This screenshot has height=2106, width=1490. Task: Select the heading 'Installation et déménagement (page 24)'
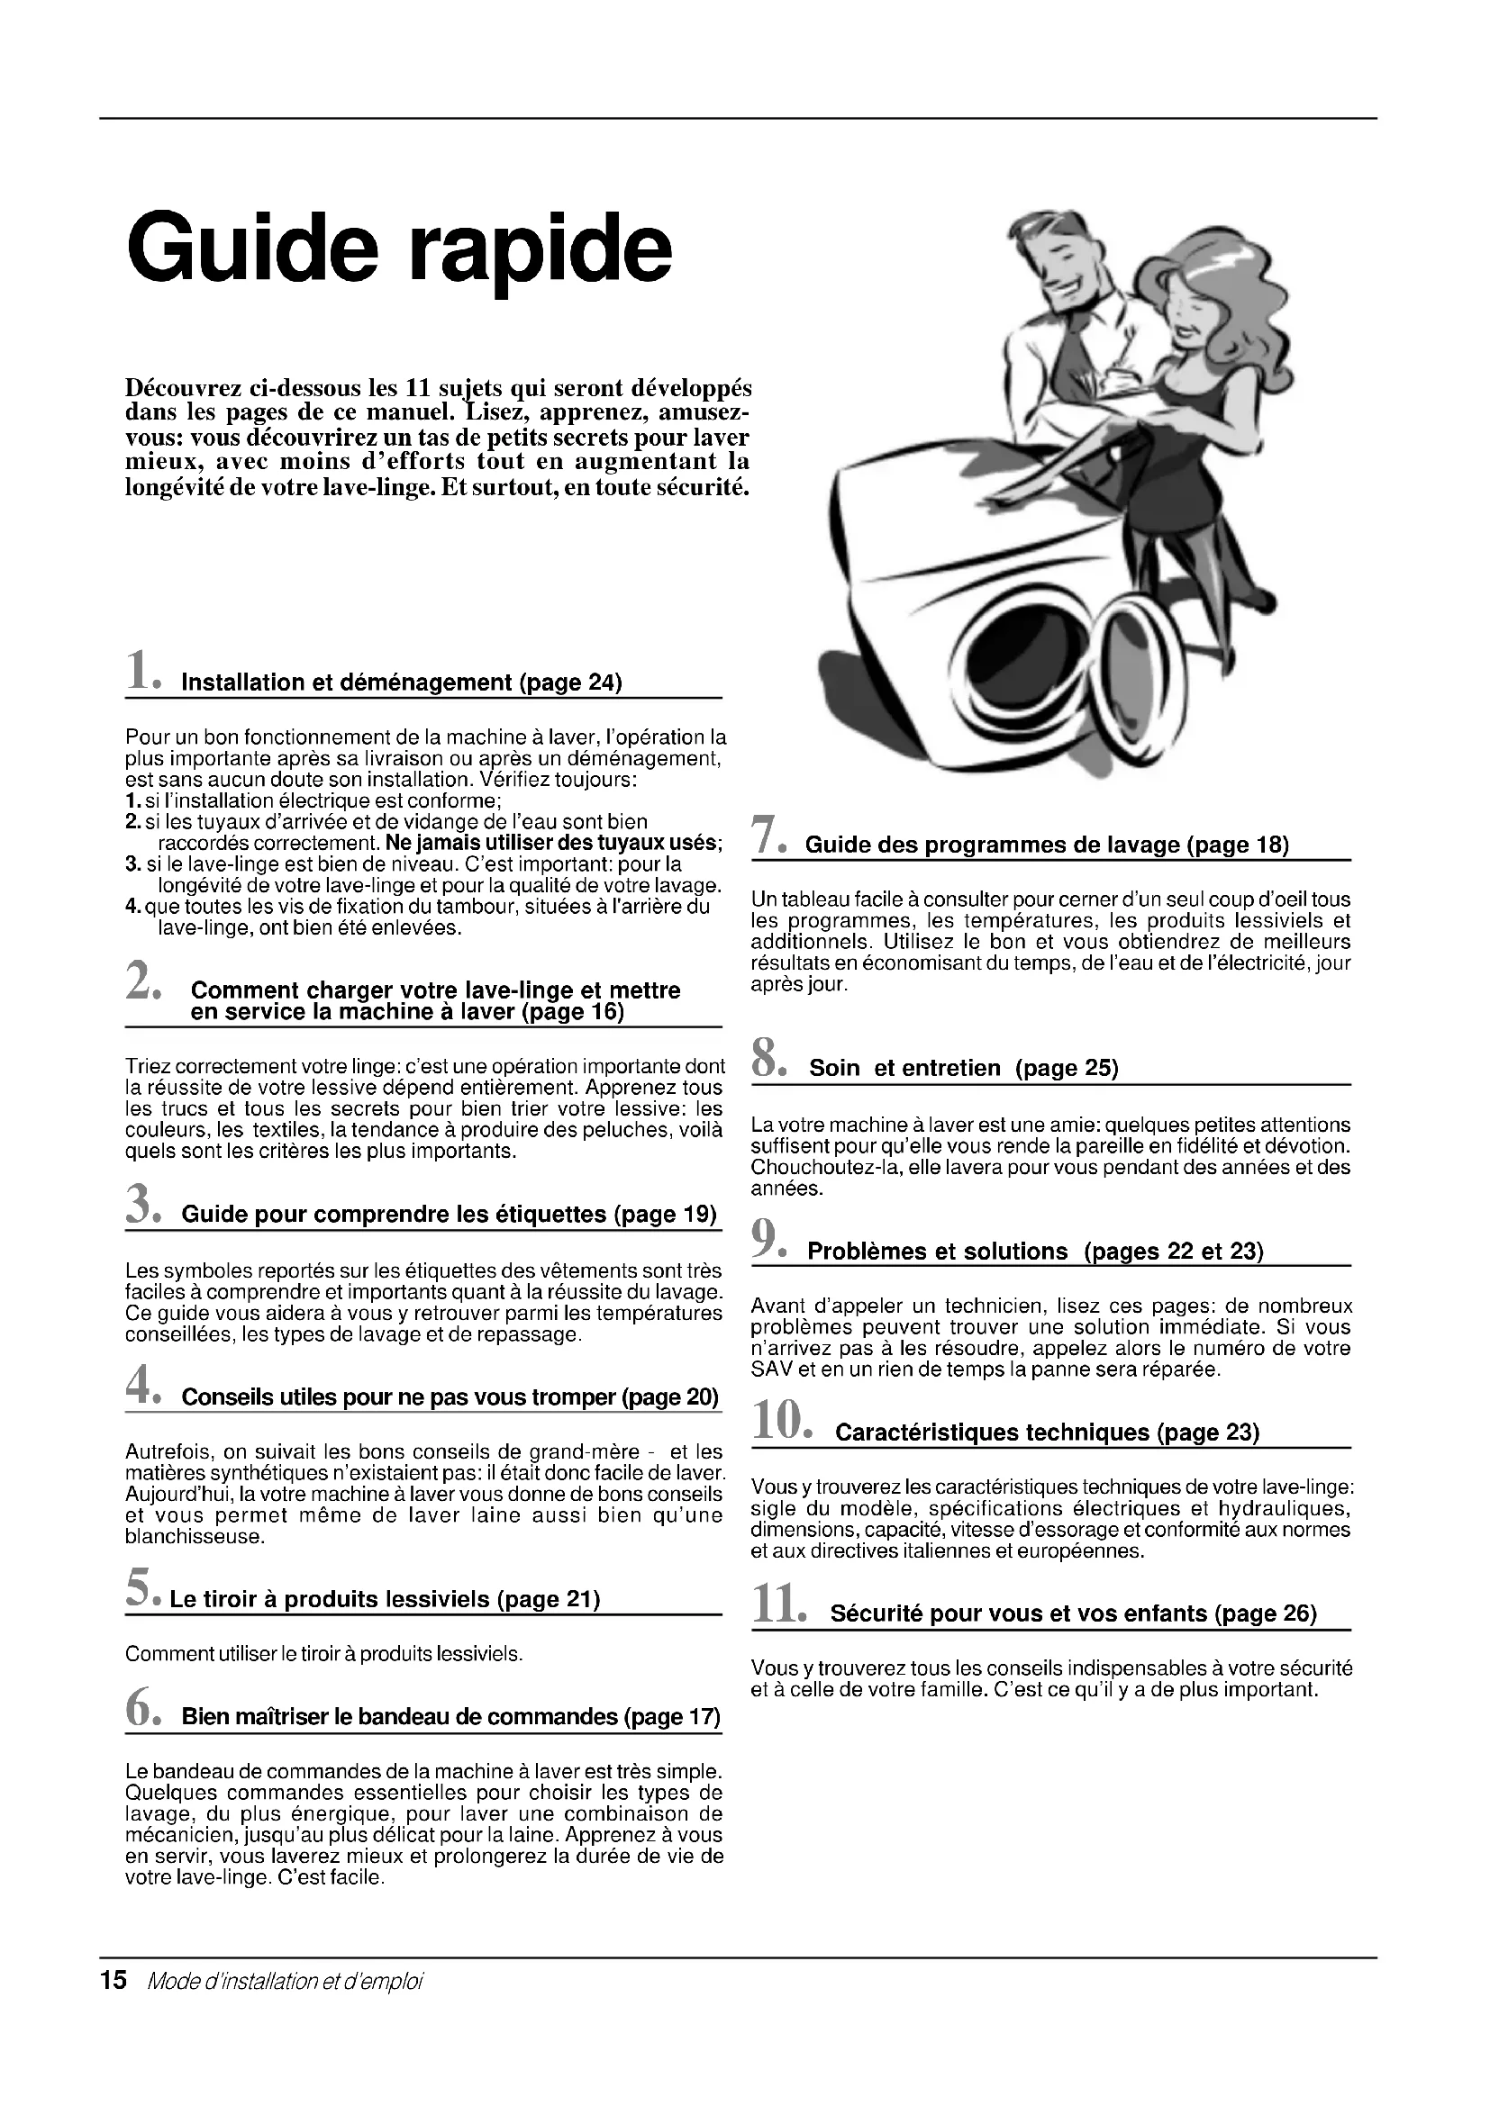[x=402, y=682]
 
